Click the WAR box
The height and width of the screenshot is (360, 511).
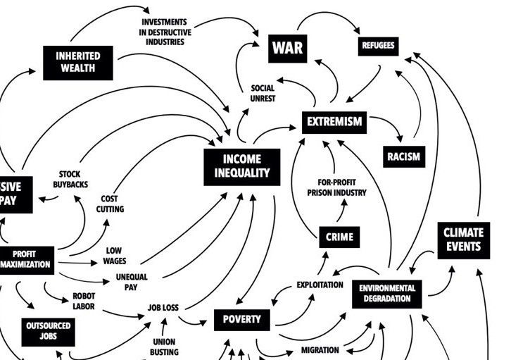click(x=287, y=48)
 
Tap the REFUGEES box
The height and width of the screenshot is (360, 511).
click(x=378, y=46)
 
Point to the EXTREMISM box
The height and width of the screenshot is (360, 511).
click(x=334, y=122)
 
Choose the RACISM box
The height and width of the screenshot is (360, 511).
click(x=403, y=156)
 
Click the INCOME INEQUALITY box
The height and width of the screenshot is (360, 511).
click(x=241, y=166)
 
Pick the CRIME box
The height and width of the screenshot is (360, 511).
click(x=339, y=237)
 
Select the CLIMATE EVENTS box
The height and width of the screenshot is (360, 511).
click(x=462, y=239)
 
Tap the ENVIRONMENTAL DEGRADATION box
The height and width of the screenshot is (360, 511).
click(x=387, y=293)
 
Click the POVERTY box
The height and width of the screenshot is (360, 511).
click(x=241, y=319)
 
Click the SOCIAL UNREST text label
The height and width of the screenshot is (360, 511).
click(x=263, y=94)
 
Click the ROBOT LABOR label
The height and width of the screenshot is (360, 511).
click(x=84, y=302)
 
